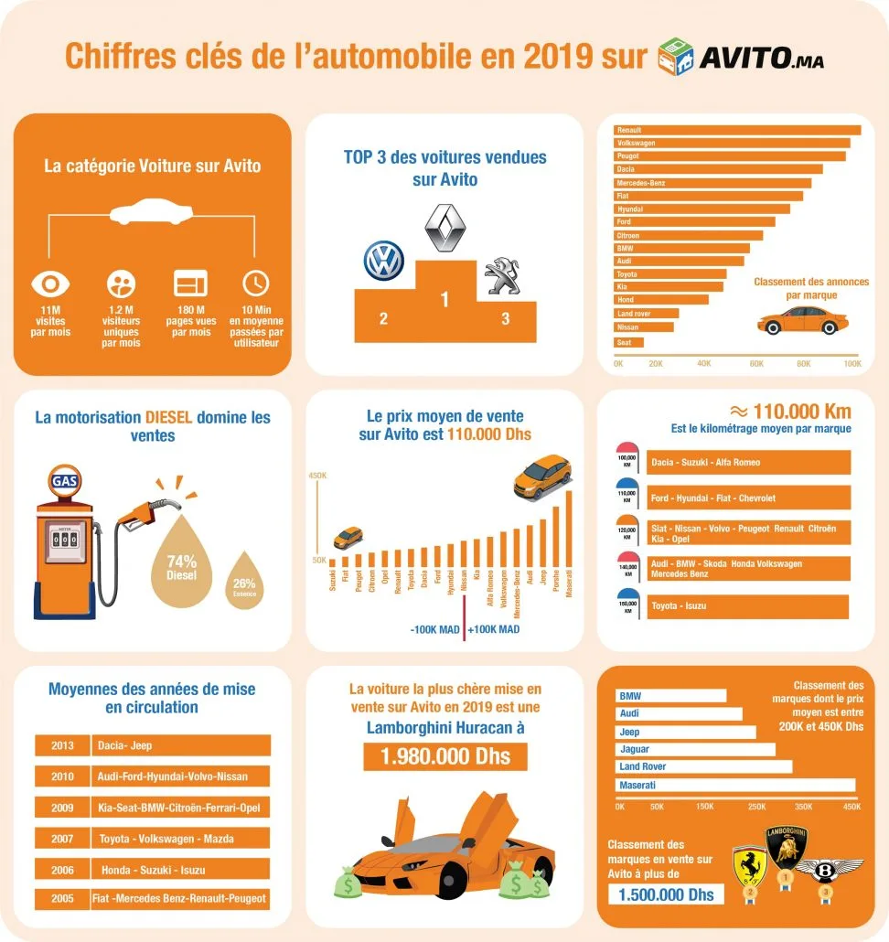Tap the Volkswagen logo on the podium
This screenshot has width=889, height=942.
click(383, 261)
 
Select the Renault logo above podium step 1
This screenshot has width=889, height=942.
click(445, 229)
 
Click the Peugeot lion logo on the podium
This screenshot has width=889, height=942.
click(504, 275)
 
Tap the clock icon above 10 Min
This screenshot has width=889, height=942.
click(255, 282)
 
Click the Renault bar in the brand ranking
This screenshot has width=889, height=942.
click(737, 130)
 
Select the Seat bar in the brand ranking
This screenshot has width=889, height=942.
click(629, 343)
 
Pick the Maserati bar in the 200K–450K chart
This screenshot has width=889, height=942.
click(736, 785)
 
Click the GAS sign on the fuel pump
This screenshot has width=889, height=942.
click(64, 480)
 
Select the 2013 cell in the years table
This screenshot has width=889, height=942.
click(62, 745)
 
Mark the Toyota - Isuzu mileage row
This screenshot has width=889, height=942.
click(747, 605)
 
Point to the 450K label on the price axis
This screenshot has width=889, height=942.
click(317, 475)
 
